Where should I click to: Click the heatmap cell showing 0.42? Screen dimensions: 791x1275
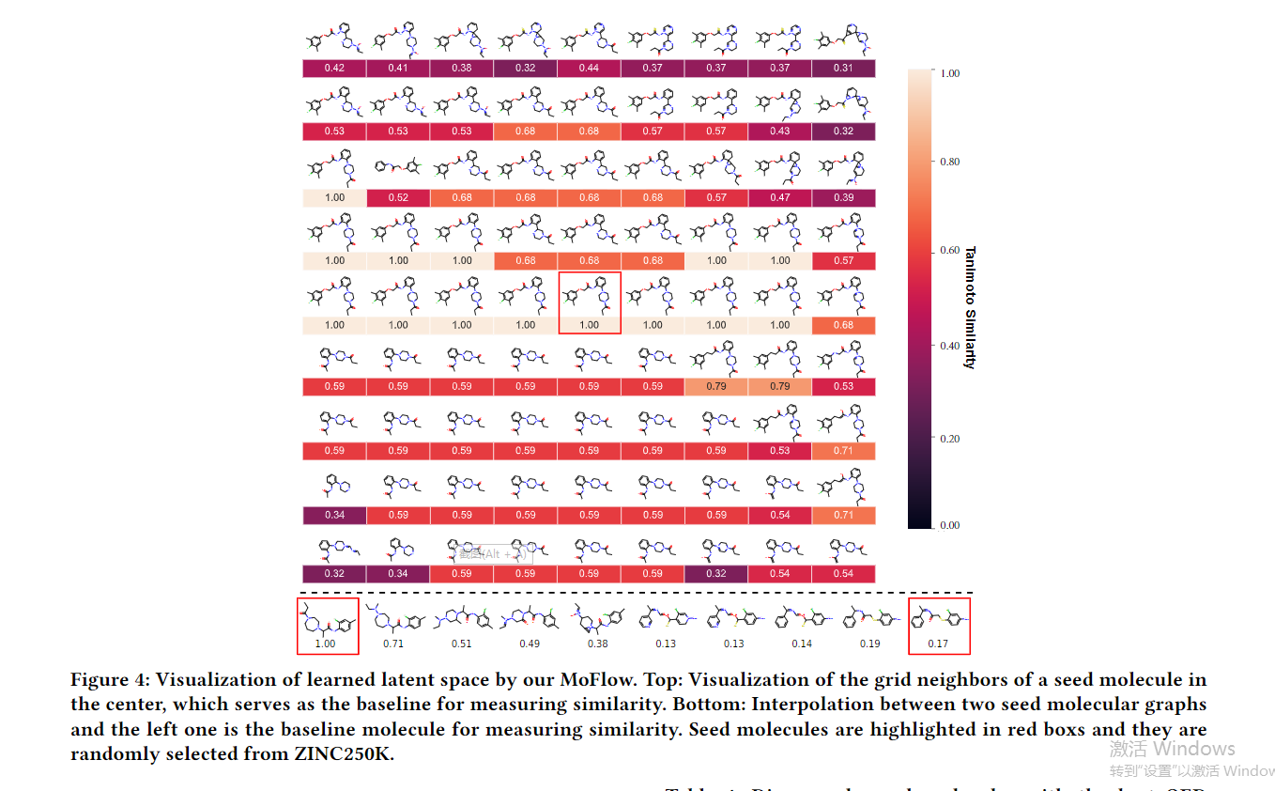(334, 68)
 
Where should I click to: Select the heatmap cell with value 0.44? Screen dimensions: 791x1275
(589, 68)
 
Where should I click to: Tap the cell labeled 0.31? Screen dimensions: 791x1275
(843, 68)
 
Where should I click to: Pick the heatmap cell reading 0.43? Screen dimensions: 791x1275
(780, 131)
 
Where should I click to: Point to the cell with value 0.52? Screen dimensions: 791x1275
(398, 197)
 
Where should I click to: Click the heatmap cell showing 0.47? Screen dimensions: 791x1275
(780, 197)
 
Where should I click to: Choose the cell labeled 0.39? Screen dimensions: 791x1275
(843, 197)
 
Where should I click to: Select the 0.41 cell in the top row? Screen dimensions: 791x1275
(398, 68)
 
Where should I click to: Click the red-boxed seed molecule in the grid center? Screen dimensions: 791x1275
(590, 302)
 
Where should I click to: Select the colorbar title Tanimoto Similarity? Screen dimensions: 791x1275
(970, 307)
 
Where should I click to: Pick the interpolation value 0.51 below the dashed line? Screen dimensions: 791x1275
(461, 644)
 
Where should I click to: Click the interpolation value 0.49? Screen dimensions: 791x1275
(529, 644)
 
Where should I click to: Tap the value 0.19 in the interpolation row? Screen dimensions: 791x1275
(869, 644)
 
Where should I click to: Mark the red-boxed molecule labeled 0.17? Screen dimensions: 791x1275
(939, 625)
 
